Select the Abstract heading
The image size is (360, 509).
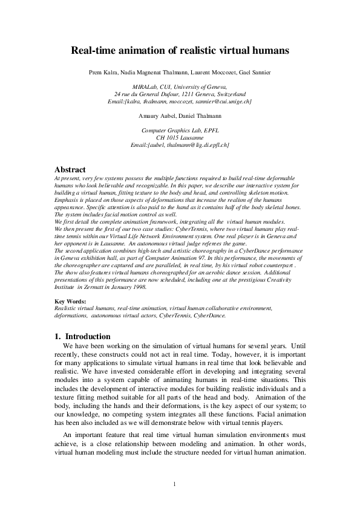[x=70, y=169]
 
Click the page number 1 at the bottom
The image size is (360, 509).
[x=174, y=484]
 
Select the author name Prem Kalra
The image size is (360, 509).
[x=103, y=73]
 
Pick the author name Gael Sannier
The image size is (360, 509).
[x=253, y=73]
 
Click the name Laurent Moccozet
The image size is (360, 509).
[x=209, y=73]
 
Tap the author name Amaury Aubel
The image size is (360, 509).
[x=159, y=114]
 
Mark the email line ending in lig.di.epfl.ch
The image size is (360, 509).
[x=180, y=145]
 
